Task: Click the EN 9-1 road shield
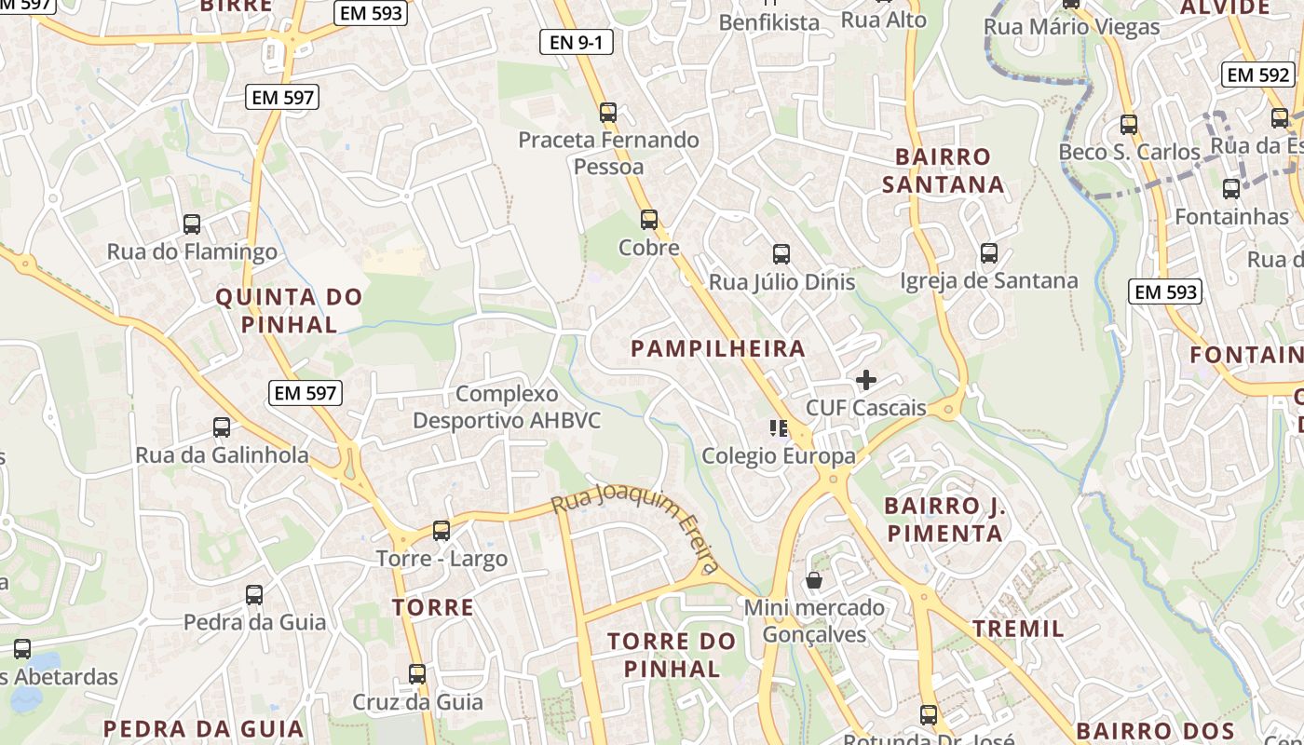click(576, 42)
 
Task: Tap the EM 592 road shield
click(1258, 75)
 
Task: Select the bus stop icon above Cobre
click(649, 220)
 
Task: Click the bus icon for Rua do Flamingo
click(192, 223)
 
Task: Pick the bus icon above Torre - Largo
click(441, 531)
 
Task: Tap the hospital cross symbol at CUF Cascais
click(866, 380)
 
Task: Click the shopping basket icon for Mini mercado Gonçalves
click(814, 580)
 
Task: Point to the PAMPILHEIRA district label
click(717, 349)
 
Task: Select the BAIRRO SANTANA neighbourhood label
click(943, 170)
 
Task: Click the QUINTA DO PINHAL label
click(289, 311)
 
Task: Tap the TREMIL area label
click(1018, 629)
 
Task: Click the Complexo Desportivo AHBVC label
click(507, 408)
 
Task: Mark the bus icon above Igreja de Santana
click(989, 252)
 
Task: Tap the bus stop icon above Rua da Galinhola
click(222, 427)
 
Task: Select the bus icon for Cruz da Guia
click(417, 673)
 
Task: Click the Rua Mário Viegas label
click(1071, 27)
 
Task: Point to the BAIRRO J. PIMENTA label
click(944, 520)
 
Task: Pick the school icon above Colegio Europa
click(779, 428)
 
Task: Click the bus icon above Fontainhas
click(1231, 189)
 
